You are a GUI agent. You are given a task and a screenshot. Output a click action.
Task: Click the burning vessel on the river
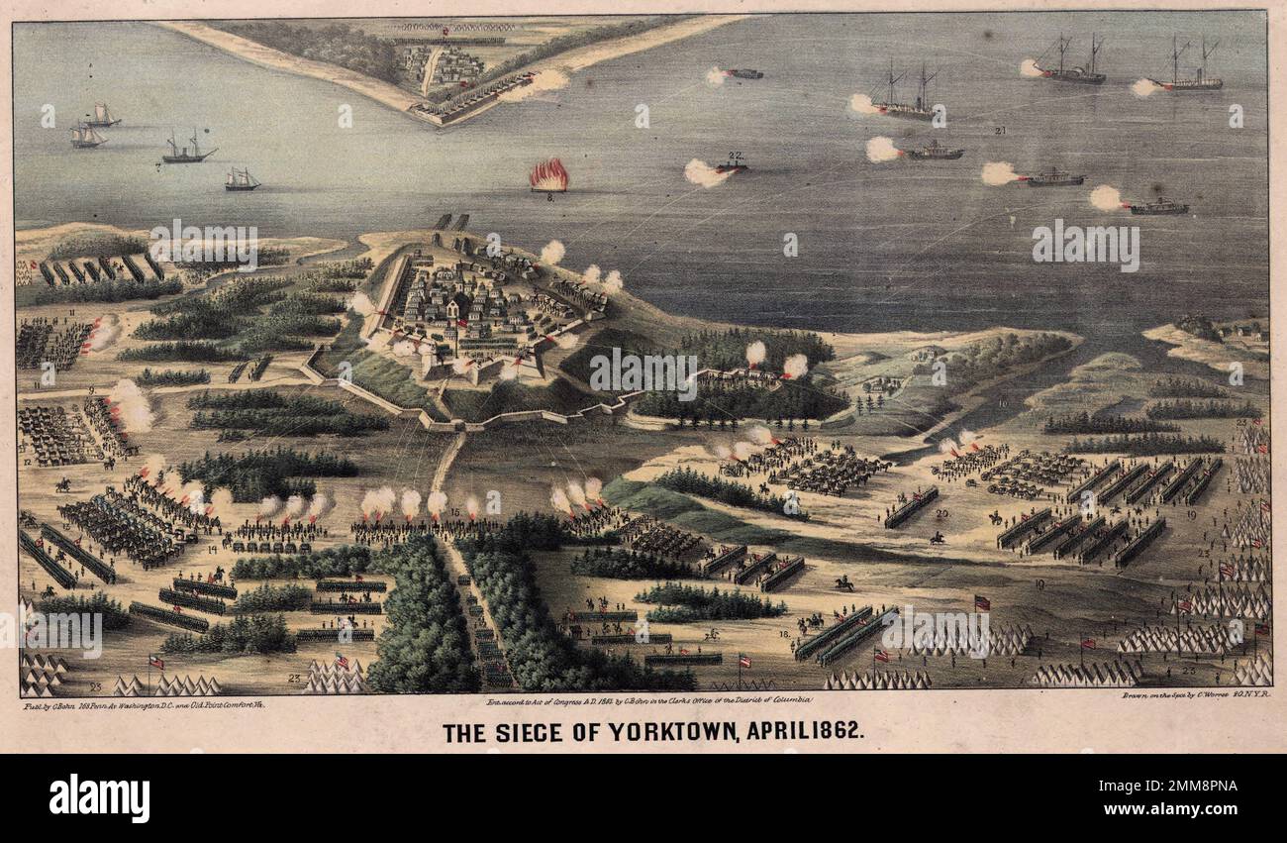click(548, 176)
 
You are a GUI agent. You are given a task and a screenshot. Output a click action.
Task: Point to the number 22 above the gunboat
click(735, 156)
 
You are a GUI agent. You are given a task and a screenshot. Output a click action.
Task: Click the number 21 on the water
click(1000, 130)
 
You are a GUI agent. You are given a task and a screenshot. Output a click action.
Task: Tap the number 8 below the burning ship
click(548, 198)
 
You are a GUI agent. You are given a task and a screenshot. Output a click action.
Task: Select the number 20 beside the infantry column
click(941, 514)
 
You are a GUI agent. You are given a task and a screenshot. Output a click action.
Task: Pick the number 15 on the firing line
click(454, 512)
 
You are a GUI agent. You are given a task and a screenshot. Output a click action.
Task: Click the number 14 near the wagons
click(212, 548)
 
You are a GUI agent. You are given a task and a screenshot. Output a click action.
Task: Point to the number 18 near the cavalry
click(784, 634)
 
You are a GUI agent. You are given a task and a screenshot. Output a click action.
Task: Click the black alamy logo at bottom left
click(99, 798)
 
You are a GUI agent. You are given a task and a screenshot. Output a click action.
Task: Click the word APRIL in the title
click(782, 733)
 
